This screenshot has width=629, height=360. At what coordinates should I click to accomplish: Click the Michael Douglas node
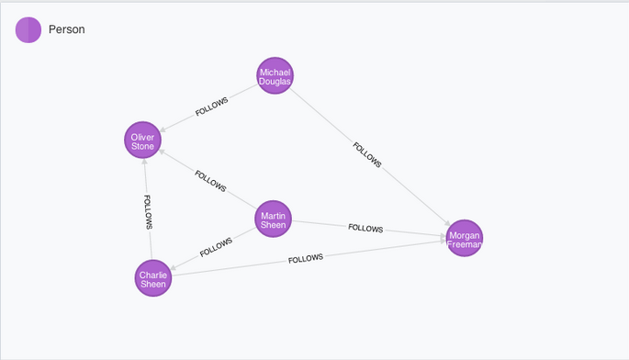coord(275,75)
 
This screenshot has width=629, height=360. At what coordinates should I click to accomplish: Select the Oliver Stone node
coord(142,140)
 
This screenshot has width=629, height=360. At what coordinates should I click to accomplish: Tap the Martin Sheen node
coord(274,219)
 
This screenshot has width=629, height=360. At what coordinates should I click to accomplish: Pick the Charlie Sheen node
coord(152,278)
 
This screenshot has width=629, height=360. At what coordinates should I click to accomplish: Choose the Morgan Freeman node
coord(464,238)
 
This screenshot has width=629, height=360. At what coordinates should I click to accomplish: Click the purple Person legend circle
coord(28,29)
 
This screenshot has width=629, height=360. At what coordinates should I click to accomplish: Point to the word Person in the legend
coord(67,29)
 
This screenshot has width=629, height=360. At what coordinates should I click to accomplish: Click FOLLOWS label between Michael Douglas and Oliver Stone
coord(211,107)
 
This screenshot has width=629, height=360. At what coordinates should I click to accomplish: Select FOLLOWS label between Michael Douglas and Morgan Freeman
coord(367,154)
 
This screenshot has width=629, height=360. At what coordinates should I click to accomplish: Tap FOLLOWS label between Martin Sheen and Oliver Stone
coord(210,181)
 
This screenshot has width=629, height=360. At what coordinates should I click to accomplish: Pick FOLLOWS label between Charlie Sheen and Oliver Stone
coord(148,212)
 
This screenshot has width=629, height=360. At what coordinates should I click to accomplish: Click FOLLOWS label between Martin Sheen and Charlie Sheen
coord(216,247)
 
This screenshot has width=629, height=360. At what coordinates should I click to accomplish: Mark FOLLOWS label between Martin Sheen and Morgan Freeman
coord(365,228)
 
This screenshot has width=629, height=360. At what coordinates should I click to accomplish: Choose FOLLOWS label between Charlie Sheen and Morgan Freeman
coord(306,258)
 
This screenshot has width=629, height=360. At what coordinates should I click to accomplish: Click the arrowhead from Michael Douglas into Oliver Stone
coord(163,129)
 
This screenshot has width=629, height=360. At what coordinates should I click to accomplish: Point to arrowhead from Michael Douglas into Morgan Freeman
coord(447,223)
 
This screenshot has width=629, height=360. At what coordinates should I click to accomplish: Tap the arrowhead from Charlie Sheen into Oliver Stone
coord(144,163)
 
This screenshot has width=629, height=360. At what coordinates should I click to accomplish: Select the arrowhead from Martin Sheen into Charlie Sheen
coord(174,267)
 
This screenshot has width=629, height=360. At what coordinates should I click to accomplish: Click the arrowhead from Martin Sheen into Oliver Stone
coord(163,152)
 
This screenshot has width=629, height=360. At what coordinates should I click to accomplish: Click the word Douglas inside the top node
coord(275,81)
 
